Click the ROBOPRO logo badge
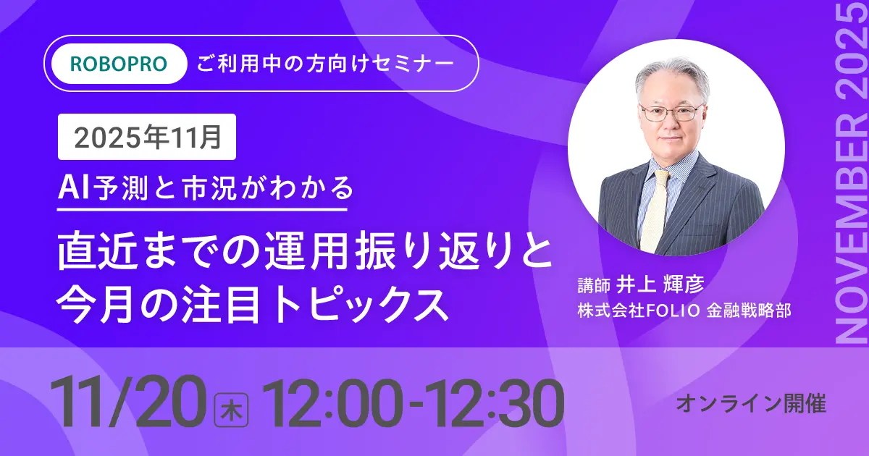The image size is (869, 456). click(x=119, y=64)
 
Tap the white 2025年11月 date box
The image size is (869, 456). click(x=147, y=137)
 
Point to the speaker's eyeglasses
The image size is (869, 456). click(x=669, y=113)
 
